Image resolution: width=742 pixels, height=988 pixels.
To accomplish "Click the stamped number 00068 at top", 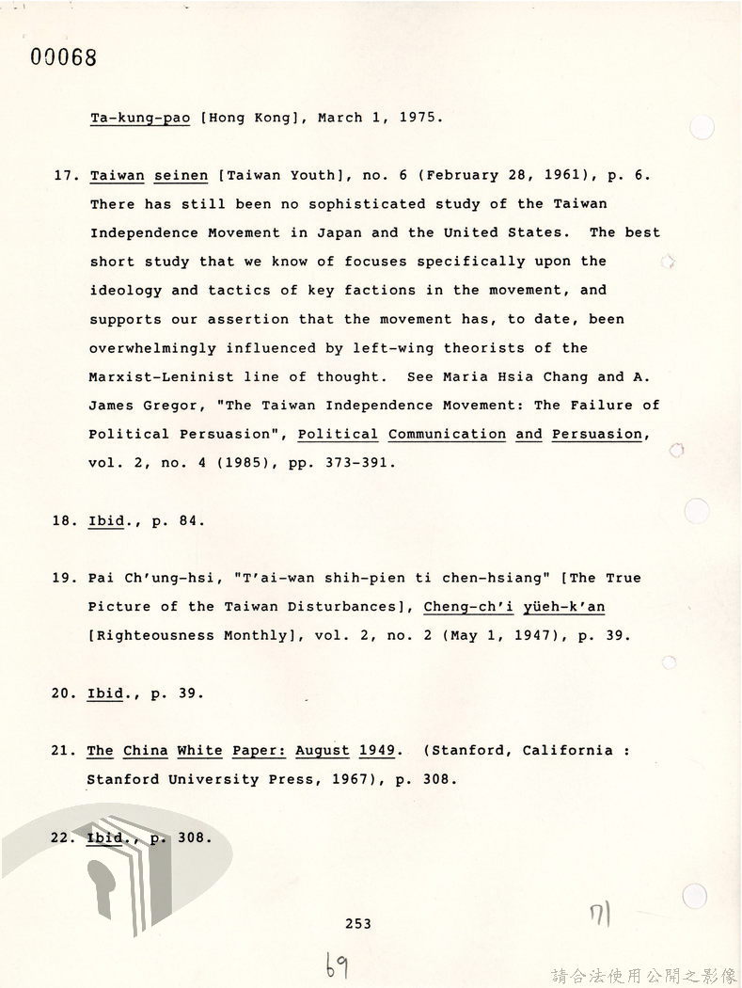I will click(64, 56).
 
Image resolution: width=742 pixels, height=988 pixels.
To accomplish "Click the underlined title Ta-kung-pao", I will click(140, 118).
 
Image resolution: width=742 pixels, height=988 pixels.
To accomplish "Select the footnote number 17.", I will click(63, 175).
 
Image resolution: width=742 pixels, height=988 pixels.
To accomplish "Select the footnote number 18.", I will click(63, 520).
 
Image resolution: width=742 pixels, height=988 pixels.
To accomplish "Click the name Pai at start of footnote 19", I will click(101, 578).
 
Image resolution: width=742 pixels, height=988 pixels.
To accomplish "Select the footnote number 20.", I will click(63, 693).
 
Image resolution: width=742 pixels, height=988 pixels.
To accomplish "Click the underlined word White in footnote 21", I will click(199, 751).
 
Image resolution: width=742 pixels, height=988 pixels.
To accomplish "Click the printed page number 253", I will click(357, 924).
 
